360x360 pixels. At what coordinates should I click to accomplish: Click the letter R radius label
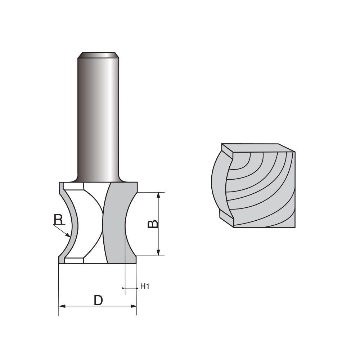click(58, 219)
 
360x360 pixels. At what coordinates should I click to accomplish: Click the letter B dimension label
click(153, 224)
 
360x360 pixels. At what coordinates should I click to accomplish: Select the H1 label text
click(145, 287)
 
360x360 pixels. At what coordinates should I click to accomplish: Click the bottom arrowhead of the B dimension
click(158, 253)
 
